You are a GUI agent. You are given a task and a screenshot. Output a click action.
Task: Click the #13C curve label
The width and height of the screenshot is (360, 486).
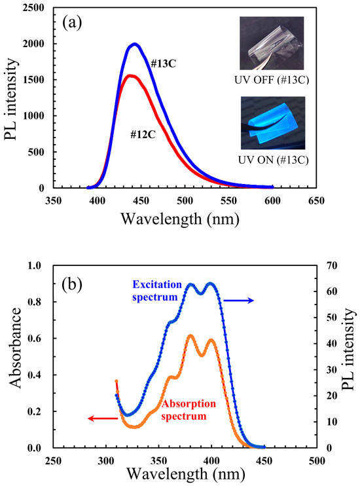point(163,64)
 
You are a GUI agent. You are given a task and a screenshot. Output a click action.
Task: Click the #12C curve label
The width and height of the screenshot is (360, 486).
point(143,134)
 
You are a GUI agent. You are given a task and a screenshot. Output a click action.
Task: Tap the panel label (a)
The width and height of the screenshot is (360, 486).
point(72,23)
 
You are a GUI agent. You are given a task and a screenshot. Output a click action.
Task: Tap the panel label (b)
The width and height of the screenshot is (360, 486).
point(72,284)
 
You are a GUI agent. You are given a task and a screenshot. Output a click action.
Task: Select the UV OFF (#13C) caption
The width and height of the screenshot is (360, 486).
point(272,80)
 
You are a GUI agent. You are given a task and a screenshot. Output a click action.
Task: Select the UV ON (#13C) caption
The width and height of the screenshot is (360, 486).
point(273,160)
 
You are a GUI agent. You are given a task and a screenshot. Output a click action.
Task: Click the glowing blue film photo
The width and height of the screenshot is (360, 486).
point(273,123)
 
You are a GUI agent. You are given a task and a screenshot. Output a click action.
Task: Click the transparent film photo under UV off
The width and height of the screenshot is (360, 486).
point(272,43)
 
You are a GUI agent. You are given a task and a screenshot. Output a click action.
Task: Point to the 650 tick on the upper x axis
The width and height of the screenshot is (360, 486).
point(316,200)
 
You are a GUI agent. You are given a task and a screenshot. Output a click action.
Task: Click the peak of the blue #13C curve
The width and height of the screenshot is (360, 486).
point(135,44)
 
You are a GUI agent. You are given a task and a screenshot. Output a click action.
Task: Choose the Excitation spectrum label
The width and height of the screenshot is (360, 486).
point(157,290)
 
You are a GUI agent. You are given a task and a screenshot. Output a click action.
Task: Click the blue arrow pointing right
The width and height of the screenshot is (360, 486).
point(238,300)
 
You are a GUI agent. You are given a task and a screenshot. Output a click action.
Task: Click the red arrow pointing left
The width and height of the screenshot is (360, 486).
point(103,419)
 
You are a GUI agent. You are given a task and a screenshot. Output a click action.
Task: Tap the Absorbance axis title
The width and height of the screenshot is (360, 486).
point(15,347)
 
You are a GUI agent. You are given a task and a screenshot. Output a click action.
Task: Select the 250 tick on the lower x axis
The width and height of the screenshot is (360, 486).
point(53,460)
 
